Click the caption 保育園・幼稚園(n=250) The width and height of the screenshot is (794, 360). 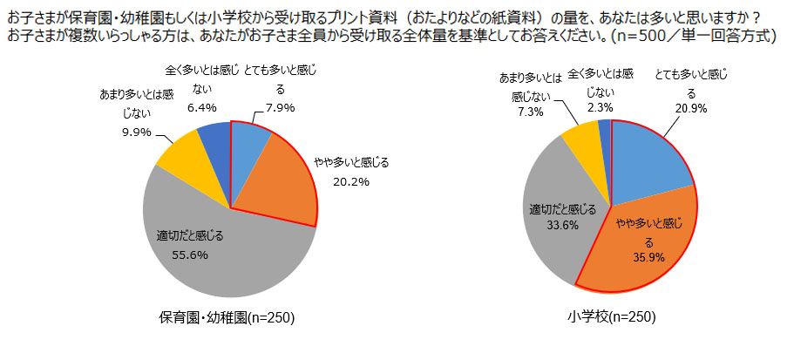[x=228, y=318]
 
